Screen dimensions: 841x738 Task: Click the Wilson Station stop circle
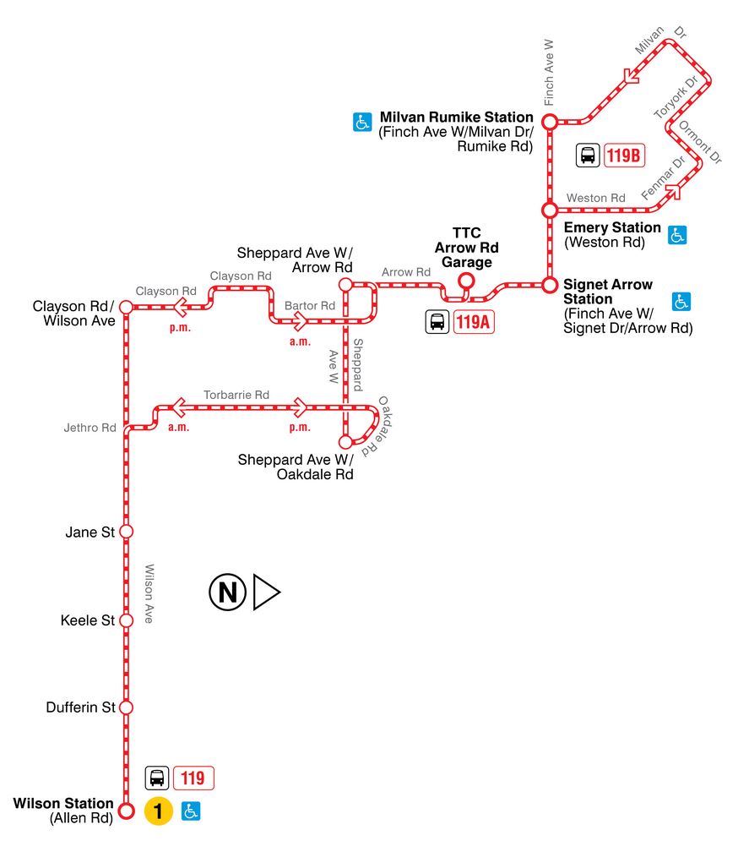[x=126, y=811]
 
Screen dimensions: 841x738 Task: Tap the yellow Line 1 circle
[x=158, y=811]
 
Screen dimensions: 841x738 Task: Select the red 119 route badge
[x=193, y=777]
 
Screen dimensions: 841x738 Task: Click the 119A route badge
[x=473, y=322]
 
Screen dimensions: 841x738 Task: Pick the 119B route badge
[x=625, y=156]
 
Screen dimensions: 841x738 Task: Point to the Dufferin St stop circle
[x=126, y=707]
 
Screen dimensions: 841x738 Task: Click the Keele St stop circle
[x=126, y=620]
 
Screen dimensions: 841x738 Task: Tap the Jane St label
[x=90, y=532]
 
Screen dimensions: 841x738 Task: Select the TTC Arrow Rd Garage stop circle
[x=464, y=281]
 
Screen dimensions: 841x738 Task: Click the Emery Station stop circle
[x=549, y=209]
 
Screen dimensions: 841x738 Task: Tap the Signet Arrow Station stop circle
[x=549, y=284]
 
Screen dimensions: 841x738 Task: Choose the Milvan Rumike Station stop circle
[x=549, y=123]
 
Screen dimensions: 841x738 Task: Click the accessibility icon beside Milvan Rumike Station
[x=361, y=123]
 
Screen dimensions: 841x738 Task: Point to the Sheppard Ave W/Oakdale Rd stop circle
[x=345, y=441]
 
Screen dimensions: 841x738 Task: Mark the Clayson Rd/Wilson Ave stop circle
[x=126, y=306]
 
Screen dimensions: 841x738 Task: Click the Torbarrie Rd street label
[x=236, y=395]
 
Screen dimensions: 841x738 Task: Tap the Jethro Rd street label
[x=90, y=428]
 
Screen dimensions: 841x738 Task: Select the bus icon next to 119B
[x=588, y=156]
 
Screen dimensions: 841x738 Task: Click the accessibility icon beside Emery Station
[x=676, y=235]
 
